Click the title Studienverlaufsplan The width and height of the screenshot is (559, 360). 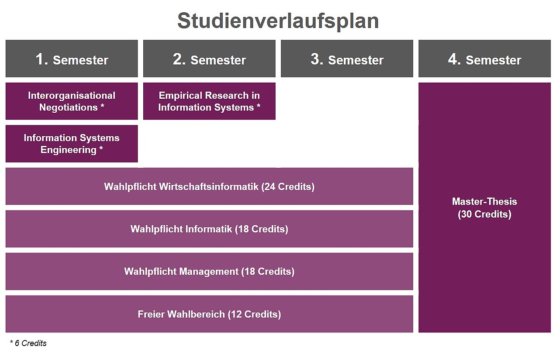(x=278, y=21)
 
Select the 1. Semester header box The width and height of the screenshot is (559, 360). (x=72, y=59)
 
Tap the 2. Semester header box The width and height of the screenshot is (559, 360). (x=209, y=59)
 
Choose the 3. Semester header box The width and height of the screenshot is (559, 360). (x=347, y=59)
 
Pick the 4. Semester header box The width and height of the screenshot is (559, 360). (x=485, y=59)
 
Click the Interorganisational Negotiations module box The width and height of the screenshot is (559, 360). (x=72, y=101)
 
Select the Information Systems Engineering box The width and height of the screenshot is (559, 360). (x=72, y=144)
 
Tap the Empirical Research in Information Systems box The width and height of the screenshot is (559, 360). (x=209, y=101)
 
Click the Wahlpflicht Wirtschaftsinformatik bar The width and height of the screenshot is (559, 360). (x=209, y=186)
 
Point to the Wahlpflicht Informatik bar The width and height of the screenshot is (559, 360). (x=209, y=228)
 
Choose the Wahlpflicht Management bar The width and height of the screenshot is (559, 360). (x=209, y=271)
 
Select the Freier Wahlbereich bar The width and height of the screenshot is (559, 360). (x=209, y=314)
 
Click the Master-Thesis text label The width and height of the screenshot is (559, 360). (x=485, y=201)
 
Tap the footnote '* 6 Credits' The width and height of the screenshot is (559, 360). (x=28, y=343)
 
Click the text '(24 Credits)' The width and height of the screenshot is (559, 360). (x=288, y=187)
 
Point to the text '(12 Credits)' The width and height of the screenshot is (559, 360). (x=254, y=314)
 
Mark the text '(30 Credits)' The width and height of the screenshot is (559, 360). (x=485, y=214)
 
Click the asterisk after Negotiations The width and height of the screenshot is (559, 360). (x=102, y=106)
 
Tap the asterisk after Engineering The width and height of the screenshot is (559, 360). (x=101, y=149)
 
